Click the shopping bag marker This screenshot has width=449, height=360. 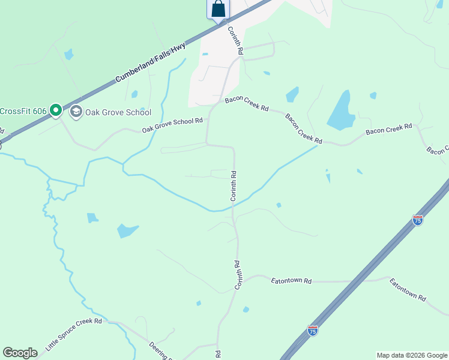(x=218, y=9)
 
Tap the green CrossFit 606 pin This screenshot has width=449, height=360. (x=56, y=110)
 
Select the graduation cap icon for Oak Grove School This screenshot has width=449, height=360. (x=76, y=112)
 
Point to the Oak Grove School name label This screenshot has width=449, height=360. (x=118, y=112)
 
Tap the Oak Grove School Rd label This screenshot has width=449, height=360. (x=172, y=125)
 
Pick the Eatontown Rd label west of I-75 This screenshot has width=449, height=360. (x=292, y=280)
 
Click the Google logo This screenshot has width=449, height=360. (x=20, y=353)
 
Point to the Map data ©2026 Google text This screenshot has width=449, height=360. (x=412, y=355)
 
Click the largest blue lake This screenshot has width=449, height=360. (x=339, y=111)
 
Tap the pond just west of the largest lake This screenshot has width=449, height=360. (x=292, y=94)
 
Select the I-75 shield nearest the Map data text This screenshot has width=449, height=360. (x=312, y=330)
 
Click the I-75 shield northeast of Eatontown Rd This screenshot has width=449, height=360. (x=418, y=220)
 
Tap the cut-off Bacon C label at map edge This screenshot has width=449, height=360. (x=438, y=150)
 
